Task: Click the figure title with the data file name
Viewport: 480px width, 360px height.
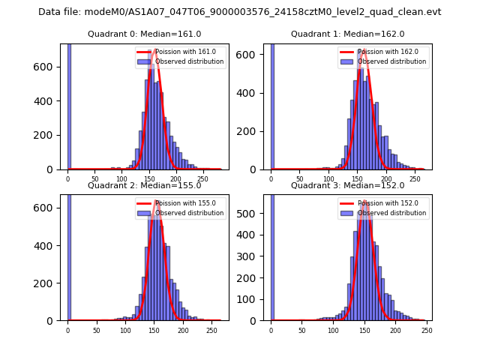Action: pos(239,12)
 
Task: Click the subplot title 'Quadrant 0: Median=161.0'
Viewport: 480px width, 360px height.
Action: pos(144,34)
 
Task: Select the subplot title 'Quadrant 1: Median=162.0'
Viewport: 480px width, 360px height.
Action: pos(347,34)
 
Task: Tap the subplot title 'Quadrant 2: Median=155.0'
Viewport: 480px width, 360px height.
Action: pos(144,185)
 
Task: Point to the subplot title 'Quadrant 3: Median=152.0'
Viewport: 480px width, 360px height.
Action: pos(347,185)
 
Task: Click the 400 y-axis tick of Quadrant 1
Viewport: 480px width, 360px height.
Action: pos(253,94)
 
